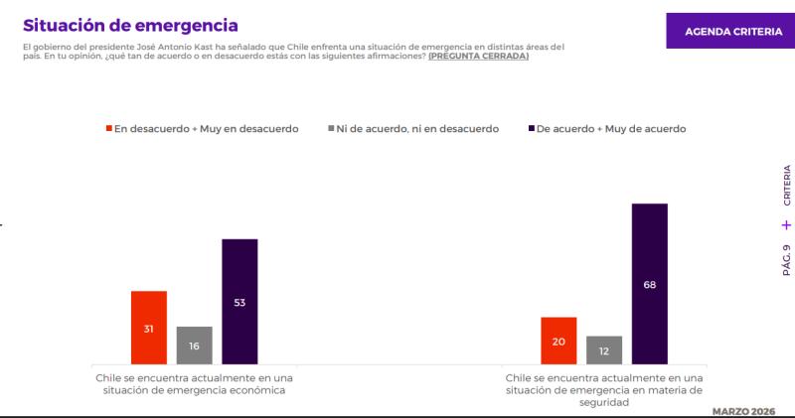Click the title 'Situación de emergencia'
click(130, 24)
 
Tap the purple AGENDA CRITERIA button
click(733, 31)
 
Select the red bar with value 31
click(149, 328)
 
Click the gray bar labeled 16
click(195, 346)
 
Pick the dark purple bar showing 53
click(239, 302)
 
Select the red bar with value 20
click(558, 341)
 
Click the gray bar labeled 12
click(604, 349)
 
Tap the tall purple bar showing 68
click(650, 284)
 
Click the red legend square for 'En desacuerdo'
click(109, 129)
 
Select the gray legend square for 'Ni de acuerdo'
click(331, 129)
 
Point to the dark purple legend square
click(531, 129)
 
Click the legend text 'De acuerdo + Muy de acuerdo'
click(611, 129)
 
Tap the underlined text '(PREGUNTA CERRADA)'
click(478, 57)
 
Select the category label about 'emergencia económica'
click(195, 384)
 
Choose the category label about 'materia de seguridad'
click(604, 390)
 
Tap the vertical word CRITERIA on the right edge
click(786, 185)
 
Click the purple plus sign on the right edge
click(786, 224)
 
